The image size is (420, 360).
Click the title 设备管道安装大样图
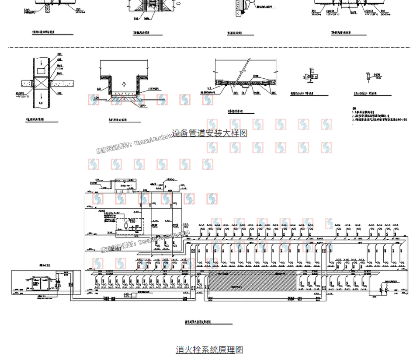(x=209, y=133)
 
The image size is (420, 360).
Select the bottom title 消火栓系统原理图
(x=209, y=350)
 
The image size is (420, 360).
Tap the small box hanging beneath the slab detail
(x=243, y=93)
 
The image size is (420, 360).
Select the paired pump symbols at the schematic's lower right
(x=384, y=287)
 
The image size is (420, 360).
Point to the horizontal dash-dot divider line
(x=210, y=47)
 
